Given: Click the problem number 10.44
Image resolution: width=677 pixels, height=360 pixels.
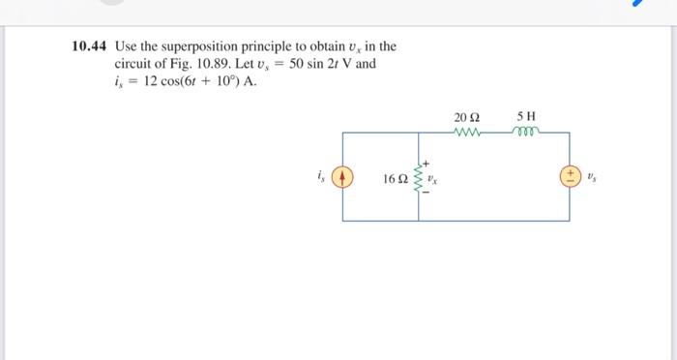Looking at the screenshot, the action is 91,46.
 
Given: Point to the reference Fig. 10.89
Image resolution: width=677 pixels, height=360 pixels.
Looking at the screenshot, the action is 203,64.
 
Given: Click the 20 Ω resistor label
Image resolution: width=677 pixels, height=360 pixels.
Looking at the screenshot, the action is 465,116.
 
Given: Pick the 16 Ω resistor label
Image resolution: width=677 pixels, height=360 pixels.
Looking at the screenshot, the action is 396,179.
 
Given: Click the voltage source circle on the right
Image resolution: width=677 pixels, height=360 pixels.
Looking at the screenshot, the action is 571,178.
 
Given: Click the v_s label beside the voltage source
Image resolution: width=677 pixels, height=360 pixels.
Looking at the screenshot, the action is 594,178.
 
